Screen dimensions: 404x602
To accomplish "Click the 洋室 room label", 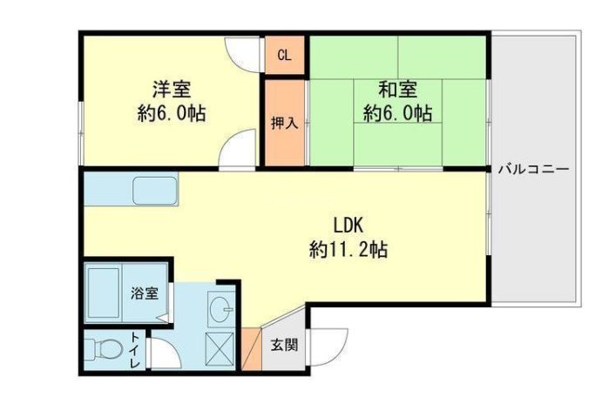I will (x=172, y=89).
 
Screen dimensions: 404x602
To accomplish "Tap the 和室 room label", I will (x=397, y=89).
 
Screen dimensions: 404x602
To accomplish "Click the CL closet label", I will (x=284, y=57).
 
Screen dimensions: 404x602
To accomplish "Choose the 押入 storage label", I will (x=284, y=123).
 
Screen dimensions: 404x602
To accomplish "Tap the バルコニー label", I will (x=533, y=169).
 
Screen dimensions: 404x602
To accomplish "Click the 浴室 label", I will (x=144, y=293).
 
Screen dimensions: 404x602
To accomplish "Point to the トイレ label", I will (x=136, y=352).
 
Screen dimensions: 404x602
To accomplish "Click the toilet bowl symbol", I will (x=103, y=350).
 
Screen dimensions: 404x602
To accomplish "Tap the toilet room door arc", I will (x=162, y=353).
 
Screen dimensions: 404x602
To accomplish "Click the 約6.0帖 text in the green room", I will (x=397, y=113).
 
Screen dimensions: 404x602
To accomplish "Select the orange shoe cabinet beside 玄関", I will (x=251, y=349).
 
